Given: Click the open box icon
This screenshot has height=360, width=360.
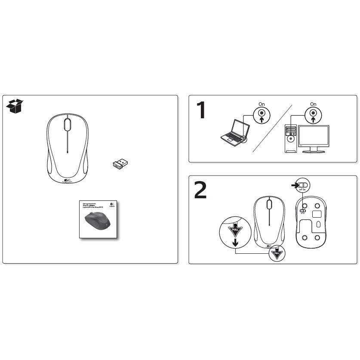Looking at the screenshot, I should (x=15, y=106).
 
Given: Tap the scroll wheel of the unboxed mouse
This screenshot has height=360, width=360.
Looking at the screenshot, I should (x=68, y=124).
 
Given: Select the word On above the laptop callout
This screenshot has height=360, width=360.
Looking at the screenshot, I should (x=262, y=104).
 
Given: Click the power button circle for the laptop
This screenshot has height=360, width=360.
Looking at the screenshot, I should (x=262, y=115).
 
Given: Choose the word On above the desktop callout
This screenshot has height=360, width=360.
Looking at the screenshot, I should (x=313, y=104).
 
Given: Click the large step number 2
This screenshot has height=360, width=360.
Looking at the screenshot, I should (x=200, y=190).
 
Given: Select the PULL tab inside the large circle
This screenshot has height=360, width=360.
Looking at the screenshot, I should (x=235, y=231).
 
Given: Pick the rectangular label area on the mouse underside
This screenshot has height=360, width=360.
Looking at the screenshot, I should (x=318, y=212).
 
